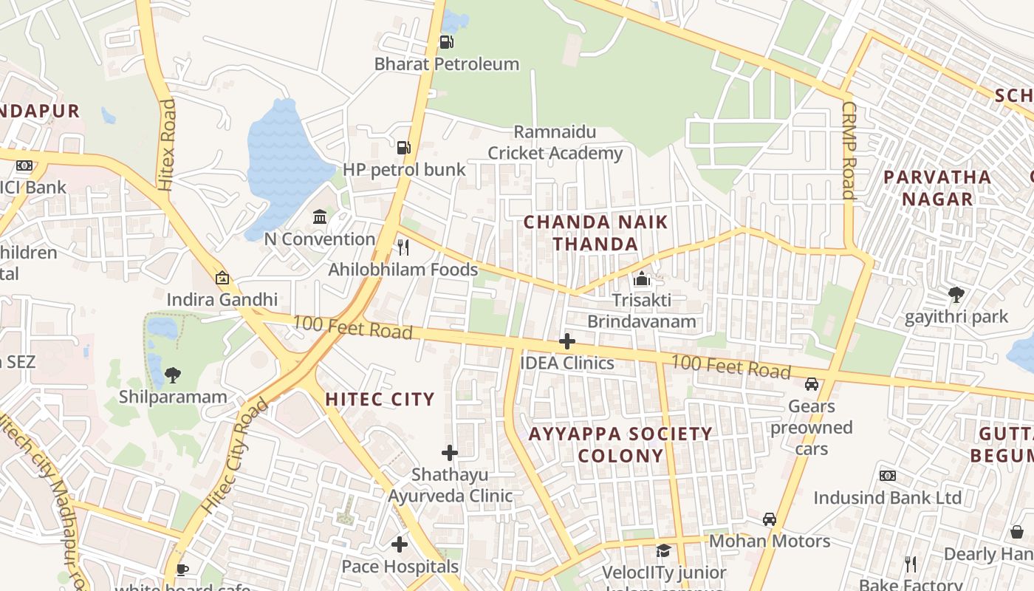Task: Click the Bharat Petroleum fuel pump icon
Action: (x=446, y=42)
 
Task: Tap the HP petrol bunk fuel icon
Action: (x=403, y=148)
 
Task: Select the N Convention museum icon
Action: (x=320, y=217)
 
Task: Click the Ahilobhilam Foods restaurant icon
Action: (x=403, y=247)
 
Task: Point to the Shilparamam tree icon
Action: (x=173, y=375)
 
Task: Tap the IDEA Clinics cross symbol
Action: (x=567, y=341)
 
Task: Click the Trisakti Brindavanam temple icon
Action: (x=642, y=279)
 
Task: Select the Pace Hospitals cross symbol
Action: (x=400, y=545)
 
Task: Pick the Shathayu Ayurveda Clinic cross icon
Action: (x=450, y=452)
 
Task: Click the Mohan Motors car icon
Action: (x=770, y=519)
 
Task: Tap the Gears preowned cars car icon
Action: (x=812, y=384)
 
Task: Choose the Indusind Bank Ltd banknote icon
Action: (x=888, y=476)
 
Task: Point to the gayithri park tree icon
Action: (x=956, y=295)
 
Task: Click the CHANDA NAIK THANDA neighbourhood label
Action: (x=596, y=233)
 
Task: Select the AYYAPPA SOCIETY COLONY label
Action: (x=620, y=445)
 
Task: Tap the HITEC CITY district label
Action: (x=380, y=400)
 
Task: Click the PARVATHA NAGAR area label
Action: (x=937, y=188)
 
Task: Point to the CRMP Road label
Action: (x=849, y=150)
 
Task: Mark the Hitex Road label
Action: (x=167, y=144)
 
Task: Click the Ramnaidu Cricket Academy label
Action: (x=555, y=143)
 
